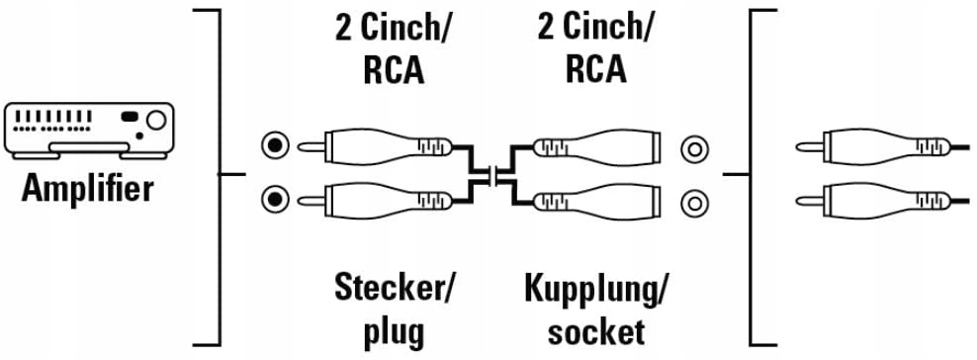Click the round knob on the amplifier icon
click(x=155, y=122)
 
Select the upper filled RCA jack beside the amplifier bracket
click(x=274, y=146)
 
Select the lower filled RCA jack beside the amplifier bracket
click(x=274, y=202)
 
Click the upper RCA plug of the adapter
click(x=376, y=146)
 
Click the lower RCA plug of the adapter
click(x=376, y=202)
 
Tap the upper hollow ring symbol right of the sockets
click(x=695, y=149)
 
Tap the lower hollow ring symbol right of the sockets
click(x=695, y=204)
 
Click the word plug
click(x=393, y=329)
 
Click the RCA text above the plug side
click(x=393, y=70)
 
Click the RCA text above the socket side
click(x=595, y=70)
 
